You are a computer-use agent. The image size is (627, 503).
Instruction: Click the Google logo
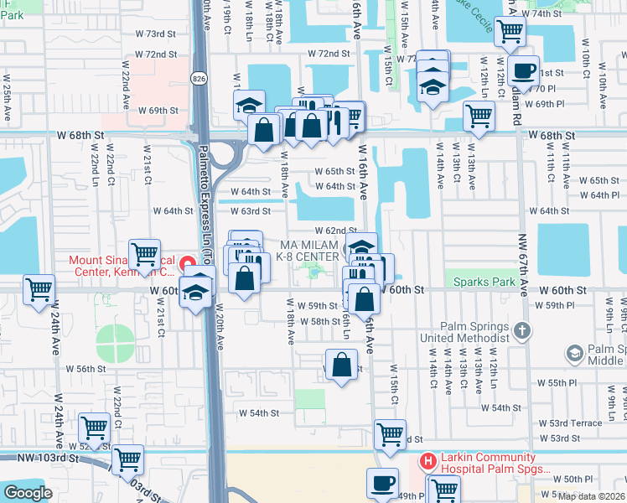pyautogui.click(x=28, y=493)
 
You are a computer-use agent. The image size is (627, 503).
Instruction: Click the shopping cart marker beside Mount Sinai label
pyautogui.click(x=145, y=251)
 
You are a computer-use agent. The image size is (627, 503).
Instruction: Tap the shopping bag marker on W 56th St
pyautogui.click(x=341, y=365)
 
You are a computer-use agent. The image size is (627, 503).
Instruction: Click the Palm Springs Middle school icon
pyautogui.click(x=576, y=354)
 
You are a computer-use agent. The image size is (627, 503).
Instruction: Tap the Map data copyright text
pyautogui.click(x=591, y=496)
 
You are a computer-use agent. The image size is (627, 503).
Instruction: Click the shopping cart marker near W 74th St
pyautogui.click(x=510, y=32)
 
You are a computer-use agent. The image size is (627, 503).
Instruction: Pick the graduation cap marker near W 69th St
pyautogui.click(x=249, y=106)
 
